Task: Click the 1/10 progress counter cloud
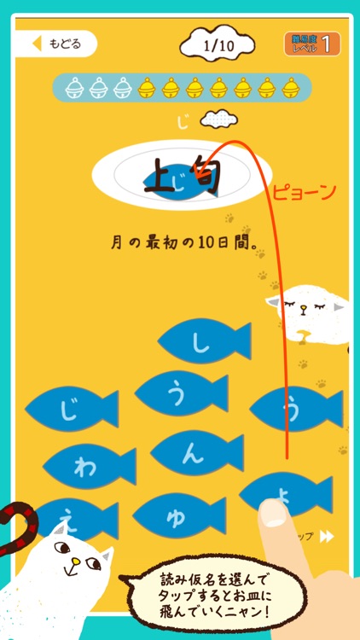(x=218, y=43)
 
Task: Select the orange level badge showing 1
(x=312, y=44)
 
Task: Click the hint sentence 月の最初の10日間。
(x=185, y=242)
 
